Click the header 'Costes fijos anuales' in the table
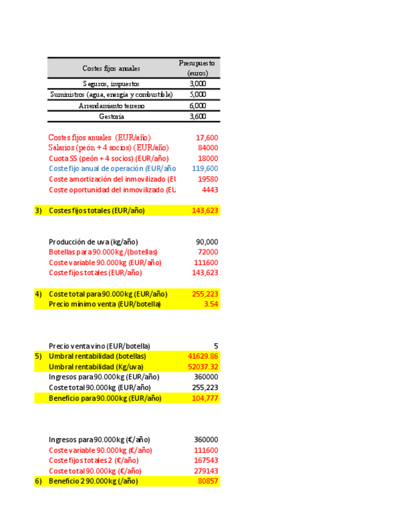click(x=111, y=68)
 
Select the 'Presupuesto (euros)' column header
click(x=197, y=68)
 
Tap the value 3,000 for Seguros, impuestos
click(x=197, y=84)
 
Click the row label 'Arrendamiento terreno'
click(x=111, y=106)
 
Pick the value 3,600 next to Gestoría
click(x=197, y=117)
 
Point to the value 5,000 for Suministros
click(x=197, y=95)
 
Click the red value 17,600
click(x=207, y=138)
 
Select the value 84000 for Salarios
click(x=208, y=148)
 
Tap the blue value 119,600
click(x=205, y=168)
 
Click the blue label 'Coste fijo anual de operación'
click(x=112, y=168)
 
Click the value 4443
click(x=210, y=190)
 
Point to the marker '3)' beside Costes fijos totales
click(x=38, y=211)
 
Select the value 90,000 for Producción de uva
click(x=207, y=242)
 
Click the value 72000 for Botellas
click(x=209, y=252)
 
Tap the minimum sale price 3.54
click(x=211, y=304)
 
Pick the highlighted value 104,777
click(x=205, y=398)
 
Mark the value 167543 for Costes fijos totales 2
click(x=207, y=460)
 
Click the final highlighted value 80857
click(x=209, y=482)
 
